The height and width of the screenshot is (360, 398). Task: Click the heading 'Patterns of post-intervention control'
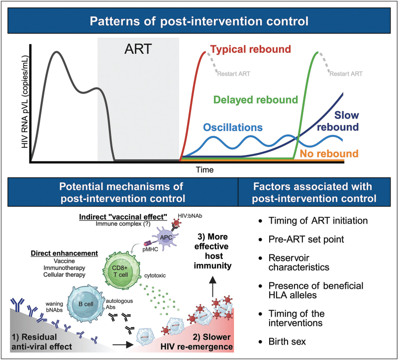199,22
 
